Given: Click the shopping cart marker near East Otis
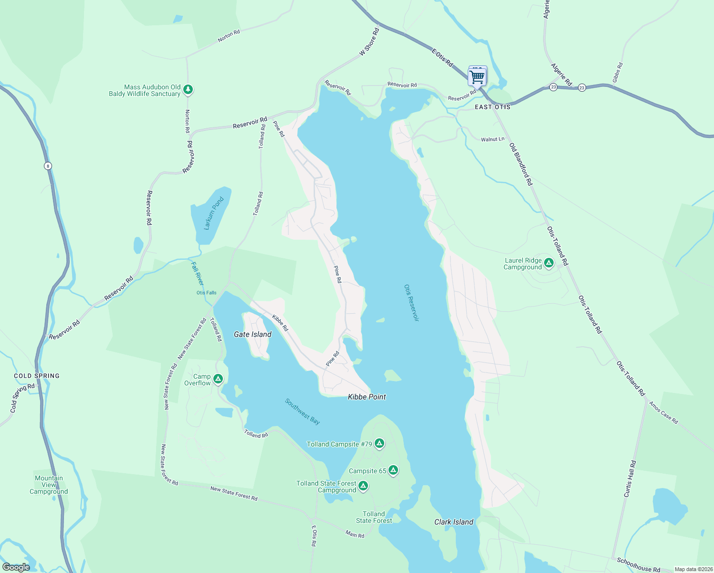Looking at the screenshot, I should tap(478, 76).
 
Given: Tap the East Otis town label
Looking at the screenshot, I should tap(493, 107).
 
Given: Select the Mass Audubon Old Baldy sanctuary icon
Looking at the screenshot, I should tap(188, 89).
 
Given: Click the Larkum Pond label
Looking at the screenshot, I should tap(213, 213).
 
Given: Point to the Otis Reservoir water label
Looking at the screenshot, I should tap(411, 303).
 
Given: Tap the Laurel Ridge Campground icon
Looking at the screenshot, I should tap(549, 263).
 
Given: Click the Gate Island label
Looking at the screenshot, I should tap(252, 334).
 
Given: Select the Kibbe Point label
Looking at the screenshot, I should tap(367, 397).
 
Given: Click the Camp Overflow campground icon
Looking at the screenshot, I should tap(218, 379).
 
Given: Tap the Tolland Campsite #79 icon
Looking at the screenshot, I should tap(379, 444).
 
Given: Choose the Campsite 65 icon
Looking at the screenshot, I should tap(393, 470).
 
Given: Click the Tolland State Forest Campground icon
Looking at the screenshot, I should tap(363, 486).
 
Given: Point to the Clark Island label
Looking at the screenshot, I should tap(453, 522).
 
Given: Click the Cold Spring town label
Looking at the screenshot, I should tap(37, 376).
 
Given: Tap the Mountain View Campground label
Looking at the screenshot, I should tap(49, 485).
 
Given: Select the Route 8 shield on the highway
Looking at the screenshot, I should tap(48, 166).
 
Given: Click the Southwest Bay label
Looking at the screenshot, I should tap(302, 411).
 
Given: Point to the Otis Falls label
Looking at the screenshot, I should tap(206, 293).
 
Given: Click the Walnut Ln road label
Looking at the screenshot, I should tap(493, 139).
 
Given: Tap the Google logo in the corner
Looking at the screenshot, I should tap(16, 567).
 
